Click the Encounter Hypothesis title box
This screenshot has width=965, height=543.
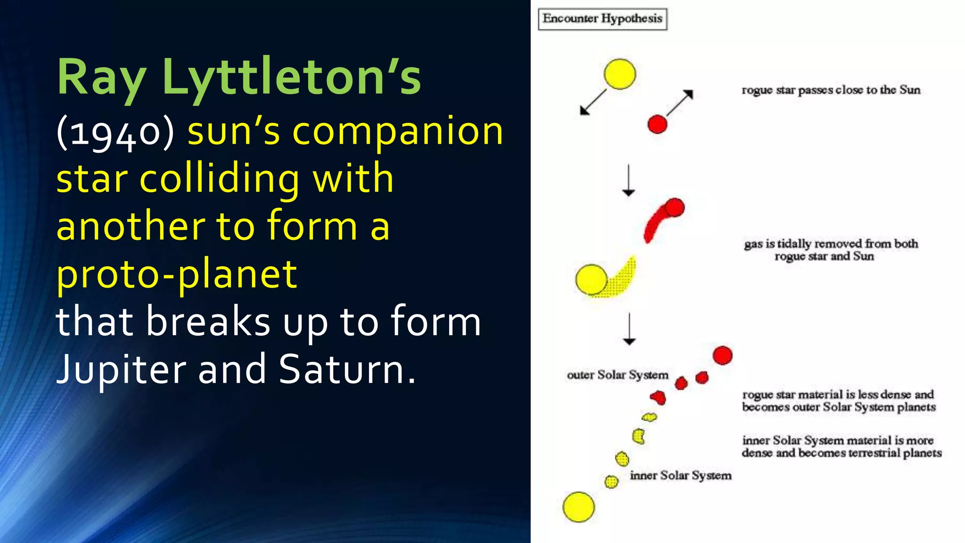(x=602, y=19)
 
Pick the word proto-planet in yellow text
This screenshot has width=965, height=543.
(x=177, y=274)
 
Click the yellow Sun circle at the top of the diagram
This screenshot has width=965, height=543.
(x=620, y=74)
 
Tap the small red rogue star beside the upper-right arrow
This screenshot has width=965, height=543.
(x=657, y=124)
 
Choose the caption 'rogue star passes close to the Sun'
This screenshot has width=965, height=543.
(x=831, y=90)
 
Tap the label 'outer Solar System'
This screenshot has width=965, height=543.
(x=617, y=375)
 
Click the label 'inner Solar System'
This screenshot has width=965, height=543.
(x=680, y=475)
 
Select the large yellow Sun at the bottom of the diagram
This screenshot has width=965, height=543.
(x=579, y=507)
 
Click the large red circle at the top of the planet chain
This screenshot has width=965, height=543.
(x=722, y=355)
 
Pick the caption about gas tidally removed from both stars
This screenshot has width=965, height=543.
(x=831, y=250)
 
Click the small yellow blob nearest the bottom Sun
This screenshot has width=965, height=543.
(x=611, y=482)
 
